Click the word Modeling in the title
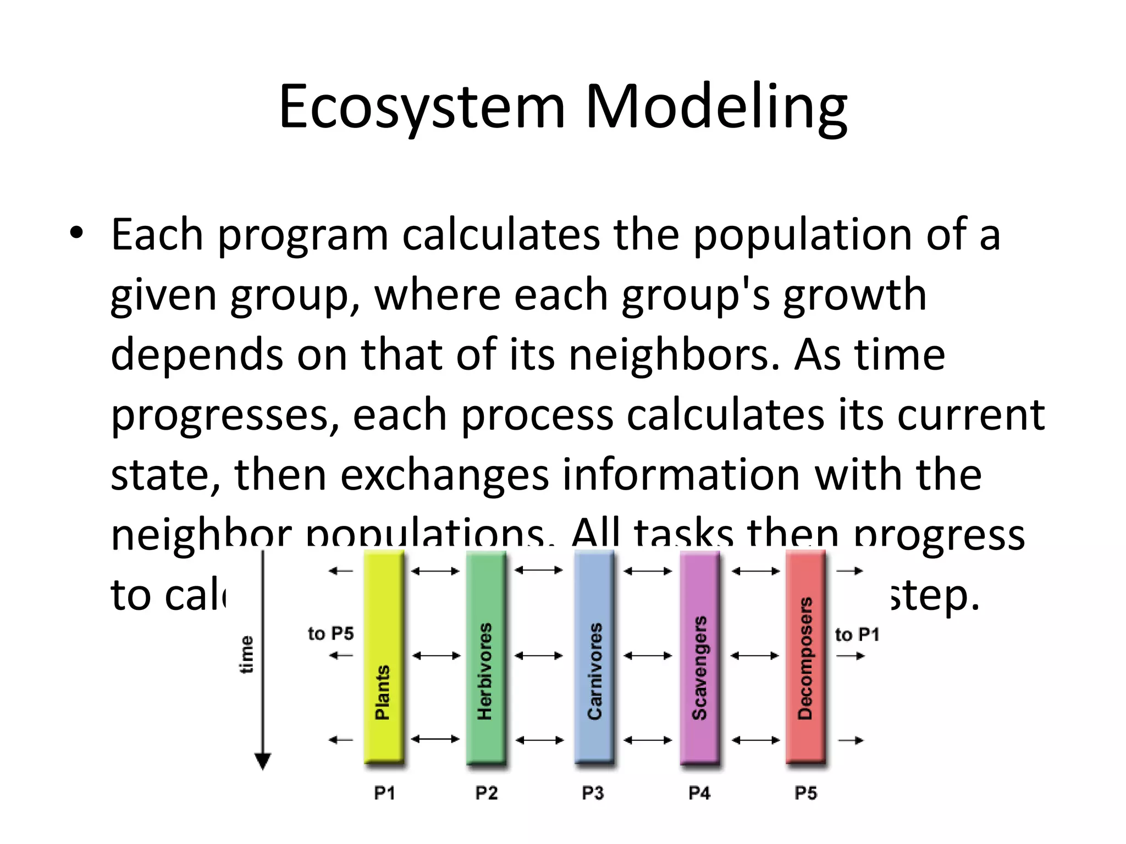point(716,107)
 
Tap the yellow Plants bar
point(383,657)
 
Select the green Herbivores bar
point(485,657)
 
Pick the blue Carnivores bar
point(594,657)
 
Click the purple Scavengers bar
point(699,657)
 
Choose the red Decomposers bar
point(805,657)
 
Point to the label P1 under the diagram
point(384,793)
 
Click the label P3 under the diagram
point(593,793)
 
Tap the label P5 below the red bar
point(805,793)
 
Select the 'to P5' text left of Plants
point(330,634)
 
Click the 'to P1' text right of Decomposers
point(857,635)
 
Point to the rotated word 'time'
point(246,654)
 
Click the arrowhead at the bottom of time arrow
point(263,762)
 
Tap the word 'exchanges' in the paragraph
point(444,475)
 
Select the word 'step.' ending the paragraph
point(935,596)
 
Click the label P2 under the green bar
point(486,793)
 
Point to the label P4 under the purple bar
point(699,793)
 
